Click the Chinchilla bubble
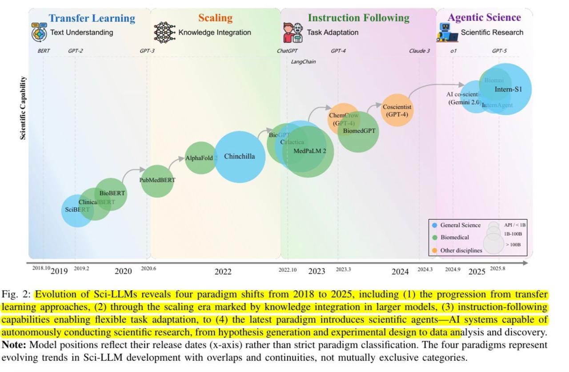240,157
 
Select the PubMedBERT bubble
157,180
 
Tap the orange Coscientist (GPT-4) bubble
397,110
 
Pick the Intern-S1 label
508,89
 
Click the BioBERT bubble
112,194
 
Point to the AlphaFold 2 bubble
201,158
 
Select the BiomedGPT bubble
359,131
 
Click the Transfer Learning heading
92,18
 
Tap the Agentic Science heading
484,18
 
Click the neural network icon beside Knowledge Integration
164,32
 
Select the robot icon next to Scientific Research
447,32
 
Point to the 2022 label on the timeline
223,271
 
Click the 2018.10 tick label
41,268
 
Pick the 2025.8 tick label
497,269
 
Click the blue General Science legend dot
434,225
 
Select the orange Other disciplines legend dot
434,251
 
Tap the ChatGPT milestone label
287,51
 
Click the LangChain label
303,62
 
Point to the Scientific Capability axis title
23,108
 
